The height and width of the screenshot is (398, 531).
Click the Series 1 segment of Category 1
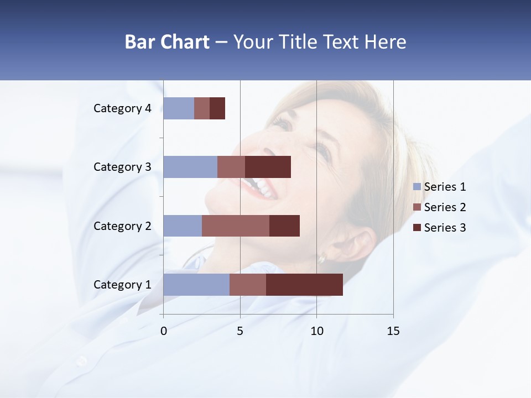coord(196,285)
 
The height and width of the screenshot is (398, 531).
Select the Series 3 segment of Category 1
coord(304,285)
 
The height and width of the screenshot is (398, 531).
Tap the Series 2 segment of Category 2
coord(236,226)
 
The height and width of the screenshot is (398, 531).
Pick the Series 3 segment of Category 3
coord(268,167)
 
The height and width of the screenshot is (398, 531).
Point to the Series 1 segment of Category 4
coord(179,108)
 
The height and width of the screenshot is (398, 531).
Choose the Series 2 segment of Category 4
coord(202,108)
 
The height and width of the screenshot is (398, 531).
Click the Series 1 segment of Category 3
coord(190,167)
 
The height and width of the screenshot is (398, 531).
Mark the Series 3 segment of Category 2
coord(284,226)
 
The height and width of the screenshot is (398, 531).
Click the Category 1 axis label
coord(122,285)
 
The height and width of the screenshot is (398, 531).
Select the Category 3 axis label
coord(122,167)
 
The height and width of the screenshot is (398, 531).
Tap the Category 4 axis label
coord(122,108)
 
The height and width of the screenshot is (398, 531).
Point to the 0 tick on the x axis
coord(164,331)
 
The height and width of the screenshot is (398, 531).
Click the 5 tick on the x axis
coord(240,331)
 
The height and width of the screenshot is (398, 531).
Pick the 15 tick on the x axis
coord(393,331)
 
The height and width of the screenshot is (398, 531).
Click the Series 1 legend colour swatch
coord(417,187)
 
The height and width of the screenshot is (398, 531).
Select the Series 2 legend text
coord(445,207)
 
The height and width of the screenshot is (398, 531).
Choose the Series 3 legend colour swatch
coord(417,228)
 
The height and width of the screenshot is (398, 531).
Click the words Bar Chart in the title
coord(167,42)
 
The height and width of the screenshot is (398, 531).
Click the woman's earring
coord(322,258)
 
